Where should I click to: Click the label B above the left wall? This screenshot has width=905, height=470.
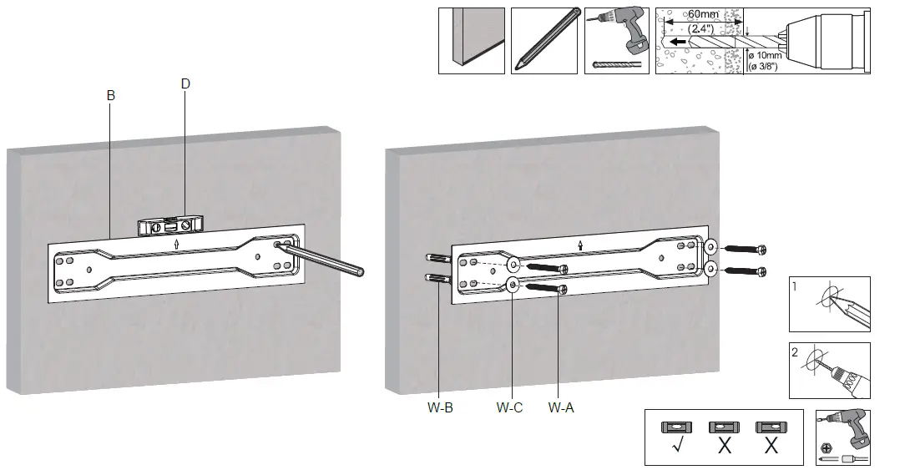click(111, 96)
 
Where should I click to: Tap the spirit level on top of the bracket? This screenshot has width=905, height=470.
click(171, 225)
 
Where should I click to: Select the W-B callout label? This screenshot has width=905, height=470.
click(440, 408)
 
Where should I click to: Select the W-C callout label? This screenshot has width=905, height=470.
click(509, 408)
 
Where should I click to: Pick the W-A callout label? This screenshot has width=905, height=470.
click(561, 408)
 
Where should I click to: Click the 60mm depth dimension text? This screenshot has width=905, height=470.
click(704, 14)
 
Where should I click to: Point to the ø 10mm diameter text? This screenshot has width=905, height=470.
click(765, 55)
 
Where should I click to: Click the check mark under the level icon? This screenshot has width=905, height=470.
click(677, 446)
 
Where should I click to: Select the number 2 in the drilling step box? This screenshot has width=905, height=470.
click(796, 351)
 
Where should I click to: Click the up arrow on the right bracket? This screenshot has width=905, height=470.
click(580, 246)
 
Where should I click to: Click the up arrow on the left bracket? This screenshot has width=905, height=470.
click(177, 245)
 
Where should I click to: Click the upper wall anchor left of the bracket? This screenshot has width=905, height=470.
click(438, 258)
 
